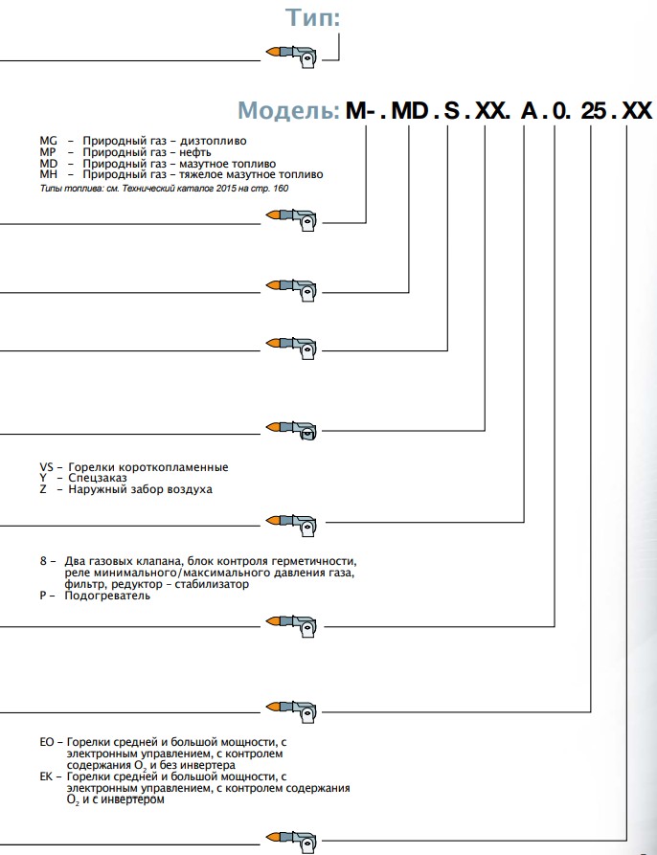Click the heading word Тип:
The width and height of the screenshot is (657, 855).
click(x=312, y=17)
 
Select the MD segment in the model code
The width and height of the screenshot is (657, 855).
click(x=410, y=110)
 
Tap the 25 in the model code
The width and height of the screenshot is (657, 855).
click(x=594, y=110)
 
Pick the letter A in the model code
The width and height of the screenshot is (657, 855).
click(x=529, y=110)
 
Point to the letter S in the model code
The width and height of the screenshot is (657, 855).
click(x=451, y=110)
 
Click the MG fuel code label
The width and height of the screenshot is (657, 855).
click(x=49, y=141)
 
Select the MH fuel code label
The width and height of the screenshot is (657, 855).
click(x=49, y=175)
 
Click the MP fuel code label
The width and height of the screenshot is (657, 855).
click(x=49, y=152)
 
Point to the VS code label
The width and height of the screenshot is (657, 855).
click(x=47, y=467)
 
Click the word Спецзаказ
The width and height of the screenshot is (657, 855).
click(x=96, y=478)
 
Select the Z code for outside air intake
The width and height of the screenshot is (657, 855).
click(x=43, y=489)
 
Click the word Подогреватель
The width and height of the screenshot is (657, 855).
click(x=107, y=596)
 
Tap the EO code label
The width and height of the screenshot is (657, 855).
click(x=47, y=742)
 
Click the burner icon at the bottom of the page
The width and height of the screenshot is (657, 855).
click(x=293, y=840)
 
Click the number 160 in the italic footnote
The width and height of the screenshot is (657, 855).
click(x=280, y=188)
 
